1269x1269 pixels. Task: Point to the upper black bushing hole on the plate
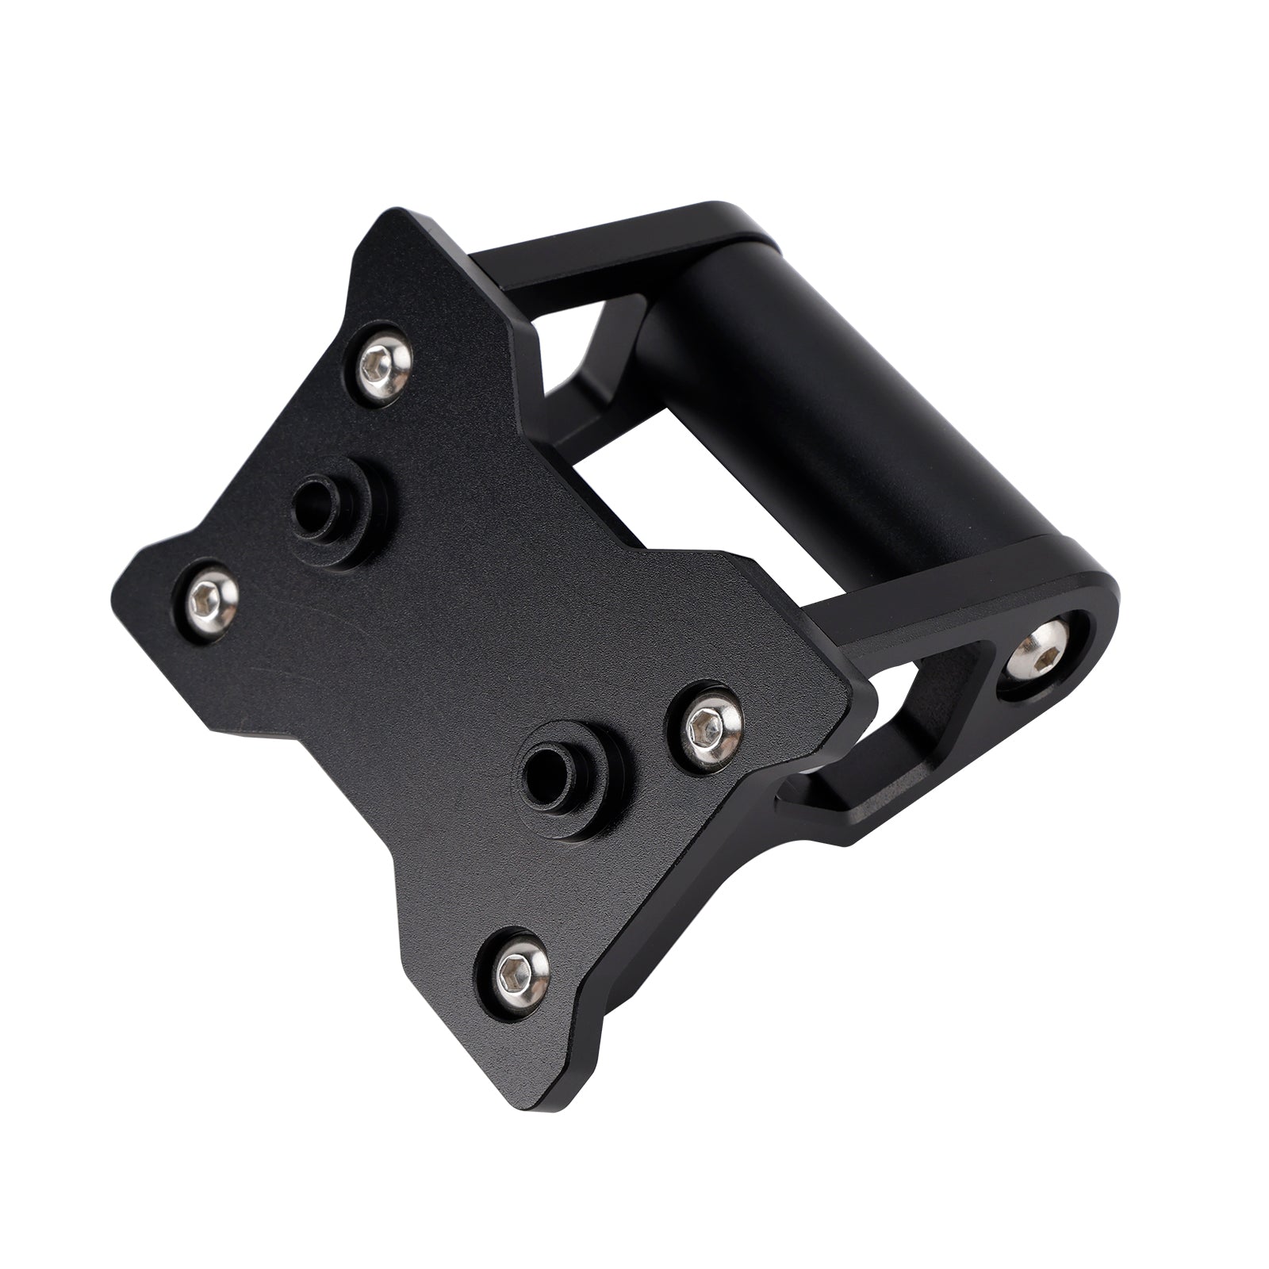pyautogui.click(x=324, y=504)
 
